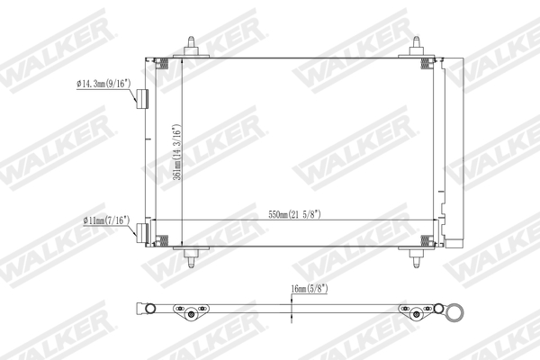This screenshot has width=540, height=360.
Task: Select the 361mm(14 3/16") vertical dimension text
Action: (177, 154)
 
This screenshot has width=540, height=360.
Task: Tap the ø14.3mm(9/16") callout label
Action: (103, 84)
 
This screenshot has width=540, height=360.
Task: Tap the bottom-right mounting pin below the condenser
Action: (419, 258)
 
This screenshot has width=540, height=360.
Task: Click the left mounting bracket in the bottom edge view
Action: (188, 312)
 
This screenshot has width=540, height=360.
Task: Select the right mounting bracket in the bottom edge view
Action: (416, 312)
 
